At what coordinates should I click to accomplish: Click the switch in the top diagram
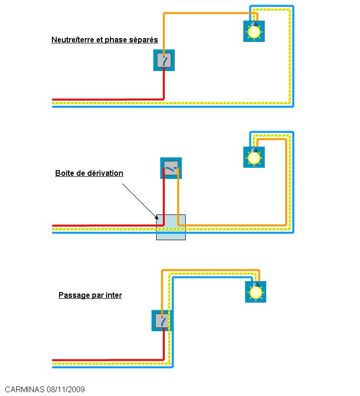pyautogui.click(x=164, y=61)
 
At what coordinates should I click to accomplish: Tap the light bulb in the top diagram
pyautogui.click(x=254, y=31)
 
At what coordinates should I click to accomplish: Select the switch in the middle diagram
pyautogui.click(x=171, y=169)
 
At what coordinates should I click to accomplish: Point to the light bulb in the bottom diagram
pyautogui.click(x=256, y=292)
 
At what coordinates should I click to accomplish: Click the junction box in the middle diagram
pyautogui.click(x=170, y=227)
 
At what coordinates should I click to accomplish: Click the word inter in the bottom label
pyautogui.click(x=113, y=295)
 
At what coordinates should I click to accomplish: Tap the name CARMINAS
pyautogui.click(x=24, y=389)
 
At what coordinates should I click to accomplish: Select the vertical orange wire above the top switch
pyautogui.click(x=164, y=33)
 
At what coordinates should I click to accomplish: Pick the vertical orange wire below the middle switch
pyautogui.click(x=178, y=200)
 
